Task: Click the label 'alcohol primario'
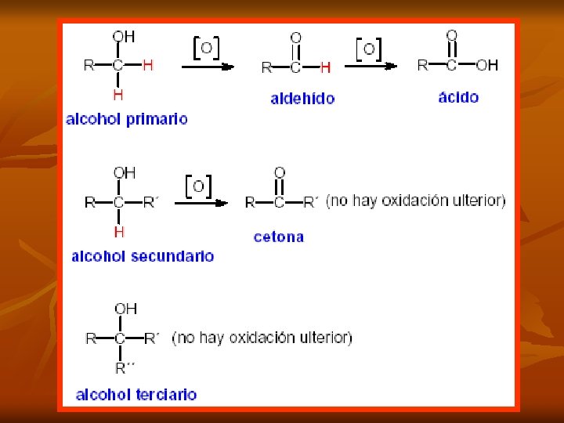coord(127,119)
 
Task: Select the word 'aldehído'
coord(302,99)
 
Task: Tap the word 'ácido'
coord(458,97)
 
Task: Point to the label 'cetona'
coord(278,237)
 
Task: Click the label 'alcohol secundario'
coord(143,256)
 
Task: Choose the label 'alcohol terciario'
coord(136,395)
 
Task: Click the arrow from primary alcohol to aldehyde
coord(208,67)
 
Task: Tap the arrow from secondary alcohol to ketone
coord(201,203)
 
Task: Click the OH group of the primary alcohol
coord(123,37)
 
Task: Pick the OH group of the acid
coord(486,65)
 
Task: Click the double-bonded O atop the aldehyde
coord(295,38)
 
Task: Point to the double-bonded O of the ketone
coord(280,172)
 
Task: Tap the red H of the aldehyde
coord(325,67)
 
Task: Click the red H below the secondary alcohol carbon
coord(119,232)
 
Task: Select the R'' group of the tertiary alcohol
coord(125,367)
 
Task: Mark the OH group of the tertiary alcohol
coord(125,309)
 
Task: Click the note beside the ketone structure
coord(415,201)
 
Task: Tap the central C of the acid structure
coord(452,65)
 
